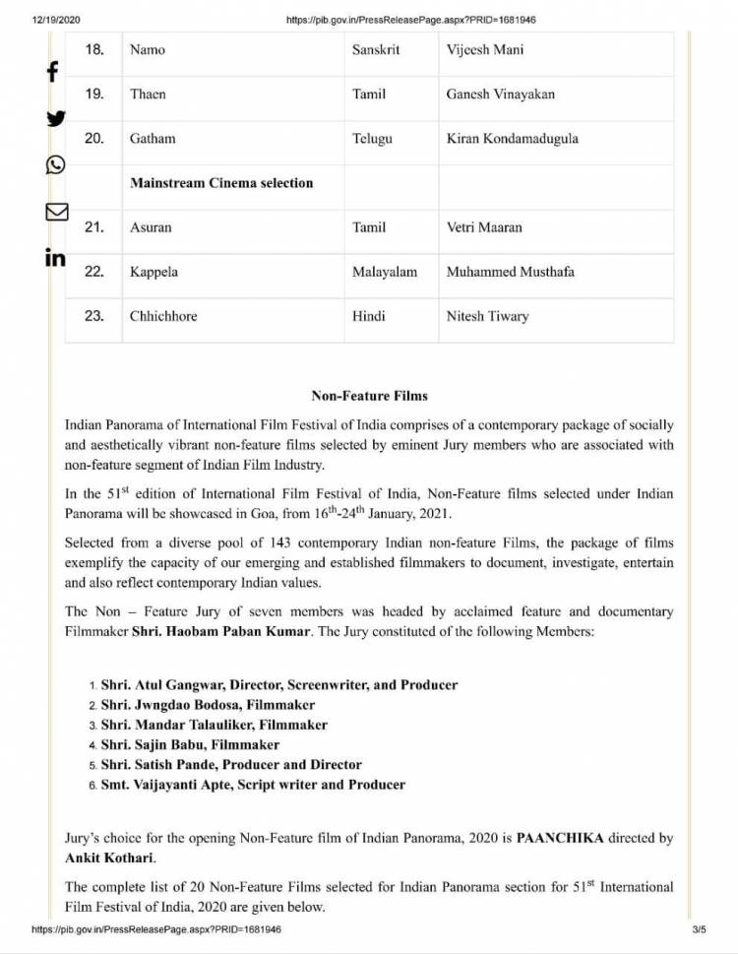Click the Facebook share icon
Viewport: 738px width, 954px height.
[x=52, y=72]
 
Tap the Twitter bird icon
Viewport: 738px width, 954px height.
[x=56, y=118]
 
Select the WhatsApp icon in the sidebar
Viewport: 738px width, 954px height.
[x=56, y=164]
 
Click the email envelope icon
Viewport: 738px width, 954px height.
[x=56, y=211]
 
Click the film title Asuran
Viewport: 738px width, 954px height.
[x=151, y=227]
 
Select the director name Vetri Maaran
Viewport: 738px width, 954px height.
[x=484, y=227]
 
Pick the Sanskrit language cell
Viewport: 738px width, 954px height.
[x=376, y=49]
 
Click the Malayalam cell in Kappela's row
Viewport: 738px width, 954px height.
[x=385, y=272]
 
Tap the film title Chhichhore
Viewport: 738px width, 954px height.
[x=163, y=316]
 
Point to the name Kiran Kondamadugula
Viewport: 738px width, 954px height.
[x=512, y=139]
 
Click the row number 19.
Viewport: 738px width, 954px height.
[x=94, y=94]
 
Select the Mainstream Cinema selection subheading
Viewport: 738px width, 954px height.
[x=221, y=183]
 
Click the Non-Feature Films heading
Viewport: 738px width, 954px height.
[x=369, y=396]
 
